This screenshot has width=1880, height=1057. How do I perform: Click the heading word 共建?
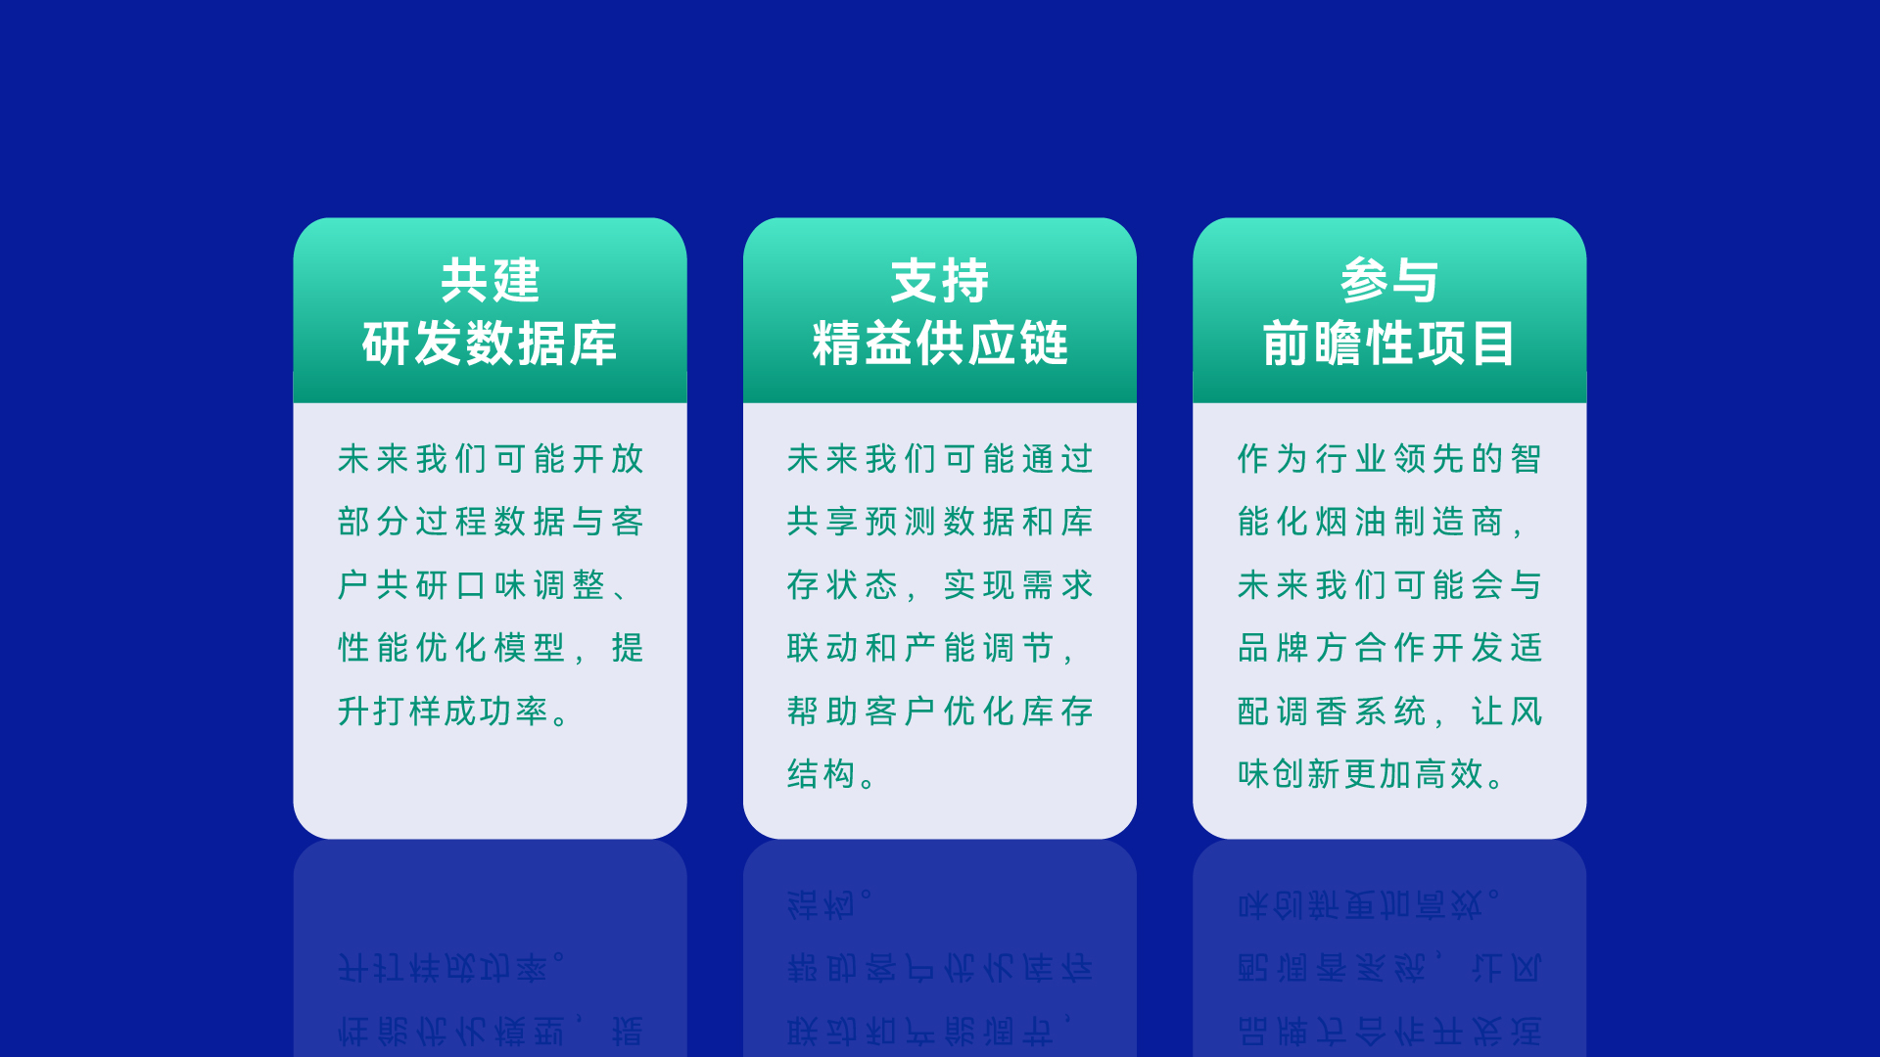tap(490, 281)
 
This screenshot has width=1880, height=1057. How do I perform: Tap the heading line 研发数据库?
tap(490, 344)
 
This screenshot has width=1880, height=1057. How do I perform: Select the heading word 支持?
tap(939, 281)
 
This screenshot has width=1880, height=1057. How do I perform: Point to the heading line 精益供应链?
tap(939, 344)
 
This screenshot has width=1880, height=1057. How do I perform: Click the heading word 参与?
tap(1388, 281)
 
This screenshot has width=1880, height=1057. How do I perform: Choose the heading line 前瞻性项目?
tap(1388, 344)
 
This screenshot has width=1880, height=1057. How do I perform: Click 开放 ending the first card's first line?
tap(607, 459)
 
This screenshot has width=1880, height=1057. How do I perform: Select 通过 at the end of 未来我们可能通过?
tap(1057, 459)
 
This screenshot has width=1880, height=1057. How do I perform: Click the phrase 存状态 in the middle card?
tap(842, 585)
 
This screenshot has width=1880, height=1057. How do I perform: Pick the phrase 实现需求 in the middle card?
tap(1018, 585)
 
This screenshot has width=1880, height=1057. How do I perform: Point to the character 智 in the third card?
tap(1526, 459)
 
